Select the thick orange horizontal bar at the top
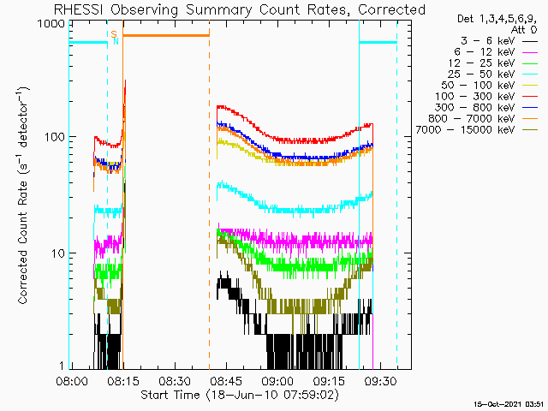click(165, 35)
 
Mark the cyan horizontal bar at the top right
click(378, 42)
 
